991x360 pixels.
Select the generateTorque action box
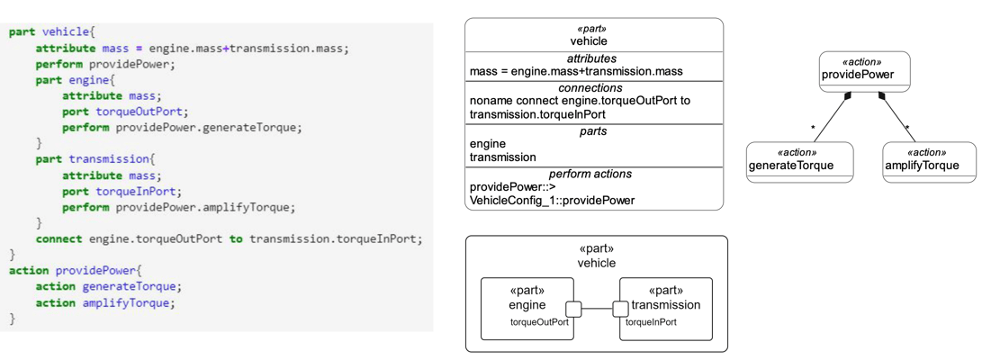point(799,162)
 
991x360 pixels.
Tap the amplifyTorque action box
point(929,162)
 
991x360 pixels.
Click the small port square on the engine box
point(573,309)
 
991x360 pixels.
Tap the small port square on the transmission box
point(620,309)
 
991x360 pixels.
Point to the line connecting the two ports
point(597,309)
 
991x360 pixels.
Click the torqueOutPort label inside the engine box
point(539,322)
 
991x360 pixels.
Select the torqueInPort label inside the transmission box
point(651,322)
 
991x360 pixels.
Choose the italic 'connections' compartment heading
point(590,88)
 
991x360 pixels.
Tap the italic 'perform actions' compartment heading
point(590,174)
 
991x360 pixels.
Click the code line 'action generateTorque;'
point(108,286)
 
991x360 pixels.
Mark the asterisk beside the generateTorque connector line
point(814,129)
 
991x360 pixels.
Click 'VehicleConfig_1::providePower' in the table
point(552,200)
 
